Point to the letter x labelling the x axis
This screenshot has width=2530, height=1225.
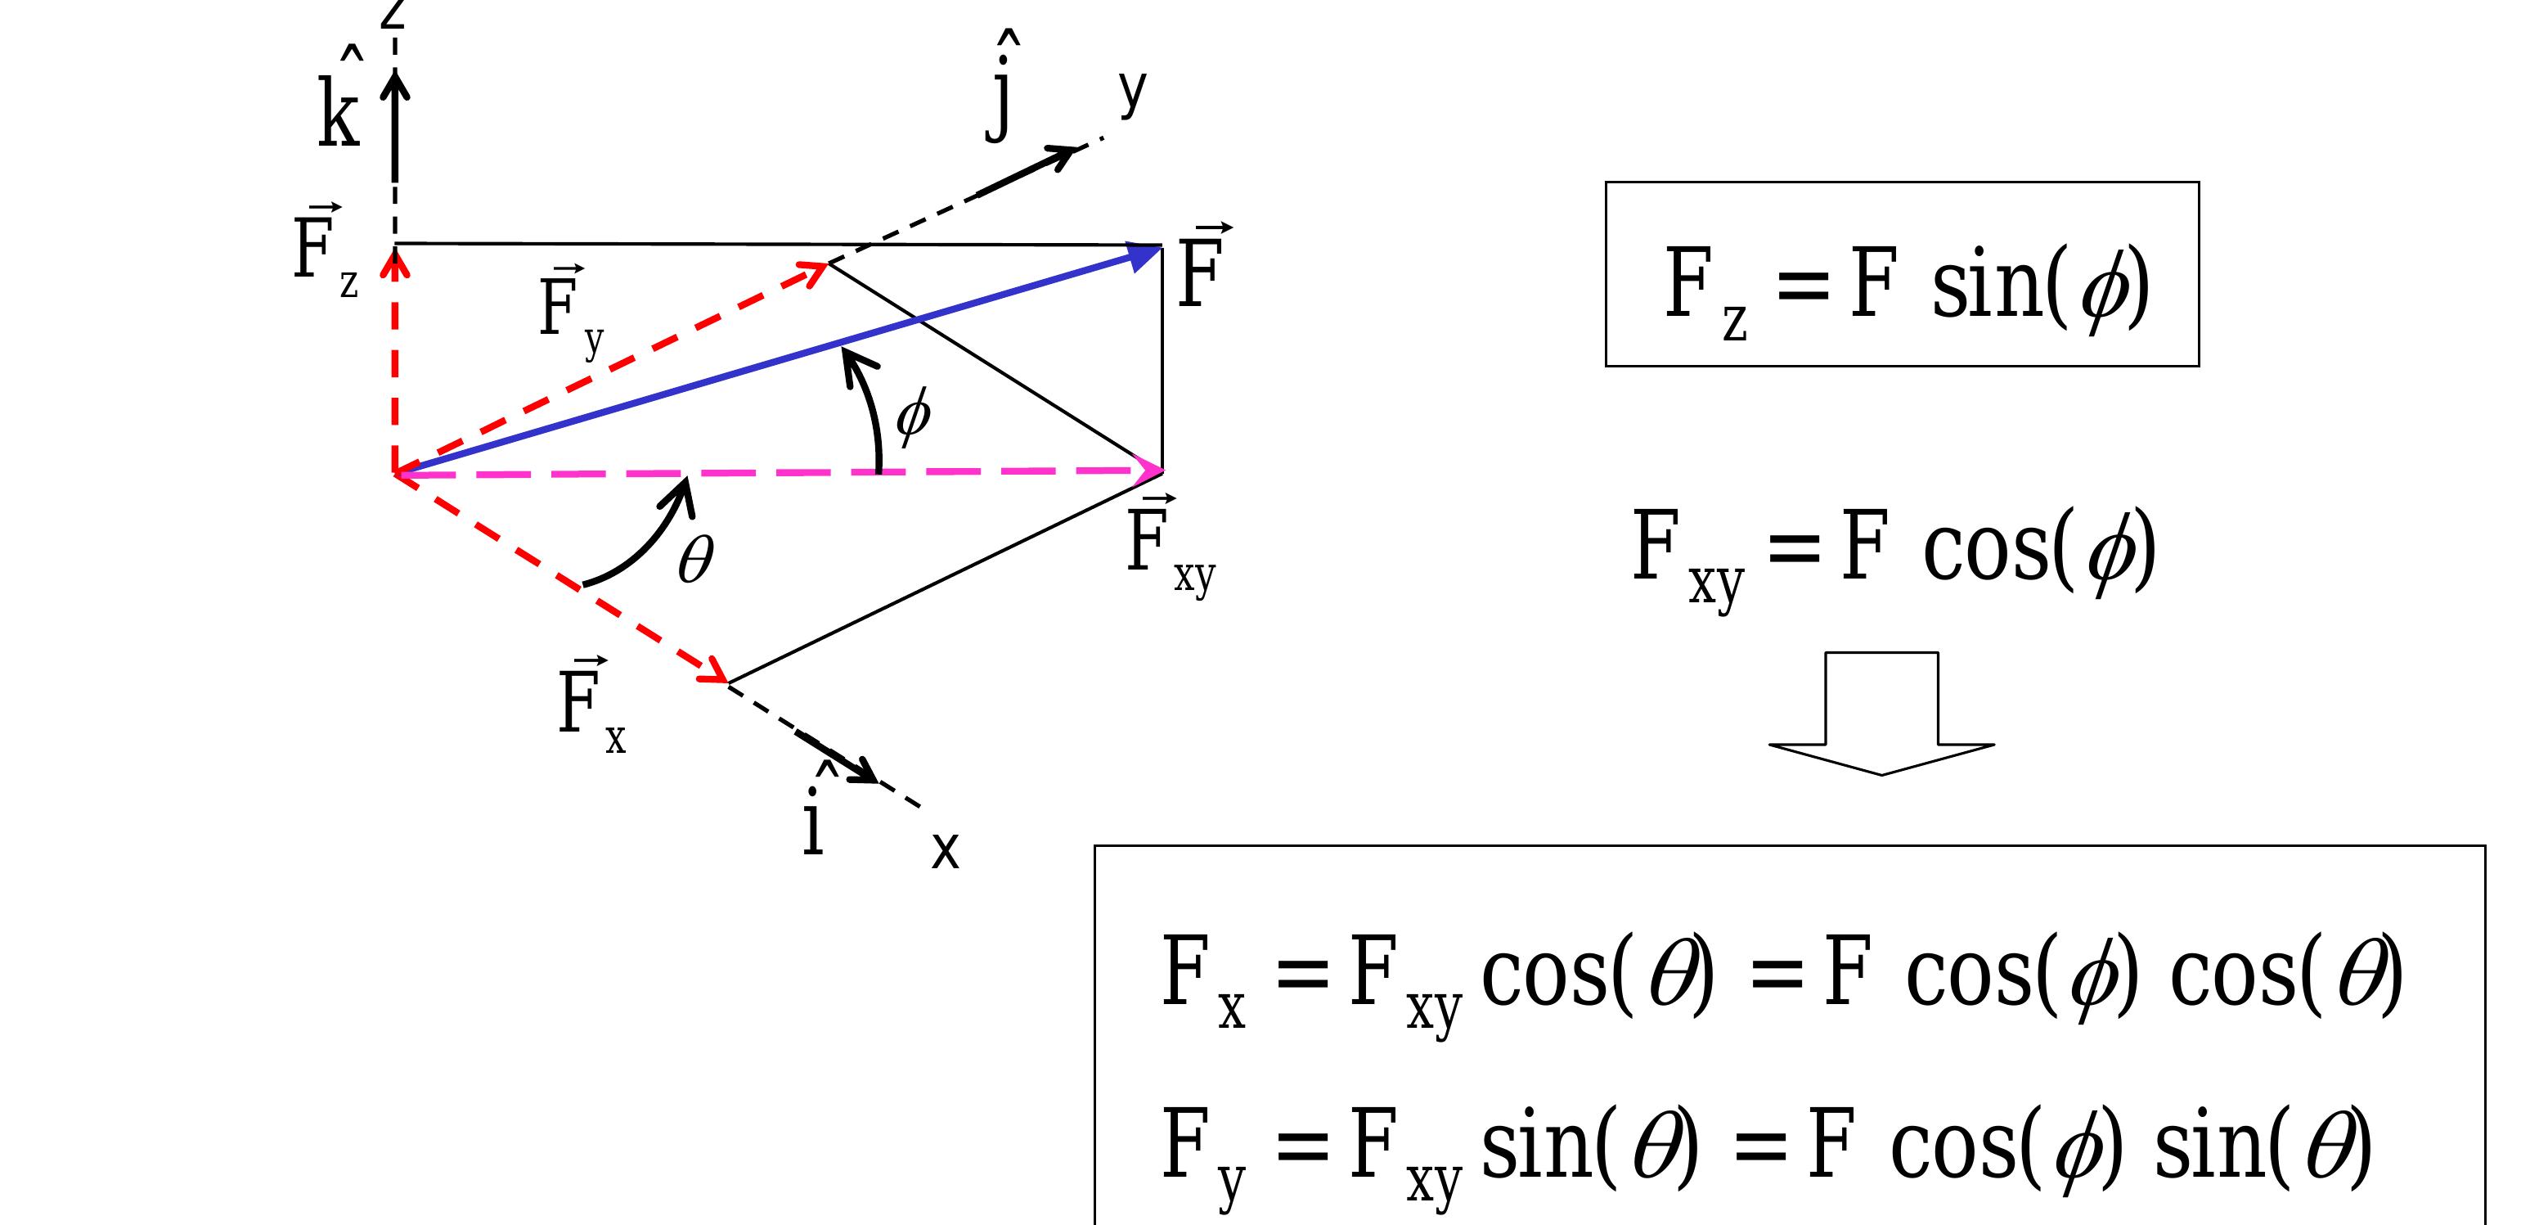(x=945, y=849)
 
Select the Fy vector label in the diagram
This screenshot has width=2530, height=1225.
(x=572, y=313)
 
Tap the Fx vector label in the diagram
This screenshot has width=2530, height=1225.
(x=591, y=705)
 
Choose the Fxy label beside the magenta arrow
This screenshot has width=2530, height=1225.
(x=1171, y=546)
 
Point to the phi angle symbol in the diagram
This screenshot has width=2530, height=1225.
(x=912, y=416)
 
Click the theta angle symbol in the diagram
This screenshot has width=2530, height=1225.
(x=695, y=560)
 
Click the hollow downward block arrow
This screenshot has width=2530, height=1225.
(x=1881, y=714)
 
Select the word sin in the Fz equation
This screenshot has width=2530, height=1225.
(x=1986, y=285)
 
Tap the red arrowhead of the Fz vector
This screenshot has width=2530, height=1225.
(x=395, y=259)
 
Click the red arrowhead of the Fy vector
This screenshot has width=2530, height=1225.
(x=814, y=271)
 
